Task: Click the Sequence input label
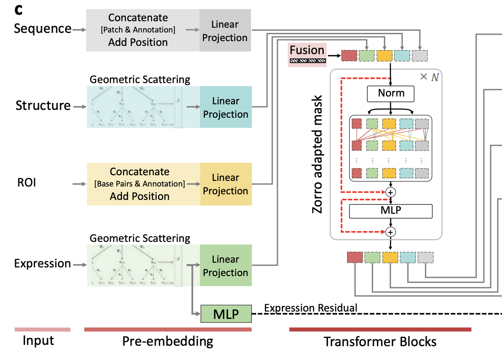click(x=42, y=29)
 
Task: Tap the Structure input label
click(x=43, y=106)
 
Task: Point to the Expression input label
click(x=42, y=264)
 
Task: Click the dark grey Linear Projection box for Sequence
click(x=225, y=31)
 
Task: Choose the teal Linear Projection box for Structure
click(x=225, y=108)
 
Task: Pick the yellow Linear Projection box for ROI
click(x=225, y=184)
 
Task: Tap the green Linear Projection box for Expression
click(x=225, y=266)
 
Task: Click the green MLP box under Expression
click(x=226, y=314)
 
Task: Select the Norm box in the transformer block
click(x=391, y=93)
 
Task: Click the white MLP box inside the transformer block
click(x=391, y=211)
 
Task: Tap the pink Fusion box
click(x=307, y=55)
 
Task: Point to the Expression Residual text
click(x=311, y=308)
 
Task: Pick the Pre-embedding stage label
click(x=167, y=341)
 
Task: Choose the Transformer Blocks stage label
click(x=380, y=342)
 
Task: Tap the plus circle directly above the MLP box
click(x=391, y=191)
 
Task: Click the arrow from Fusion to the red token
click(x=334, y=55)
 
